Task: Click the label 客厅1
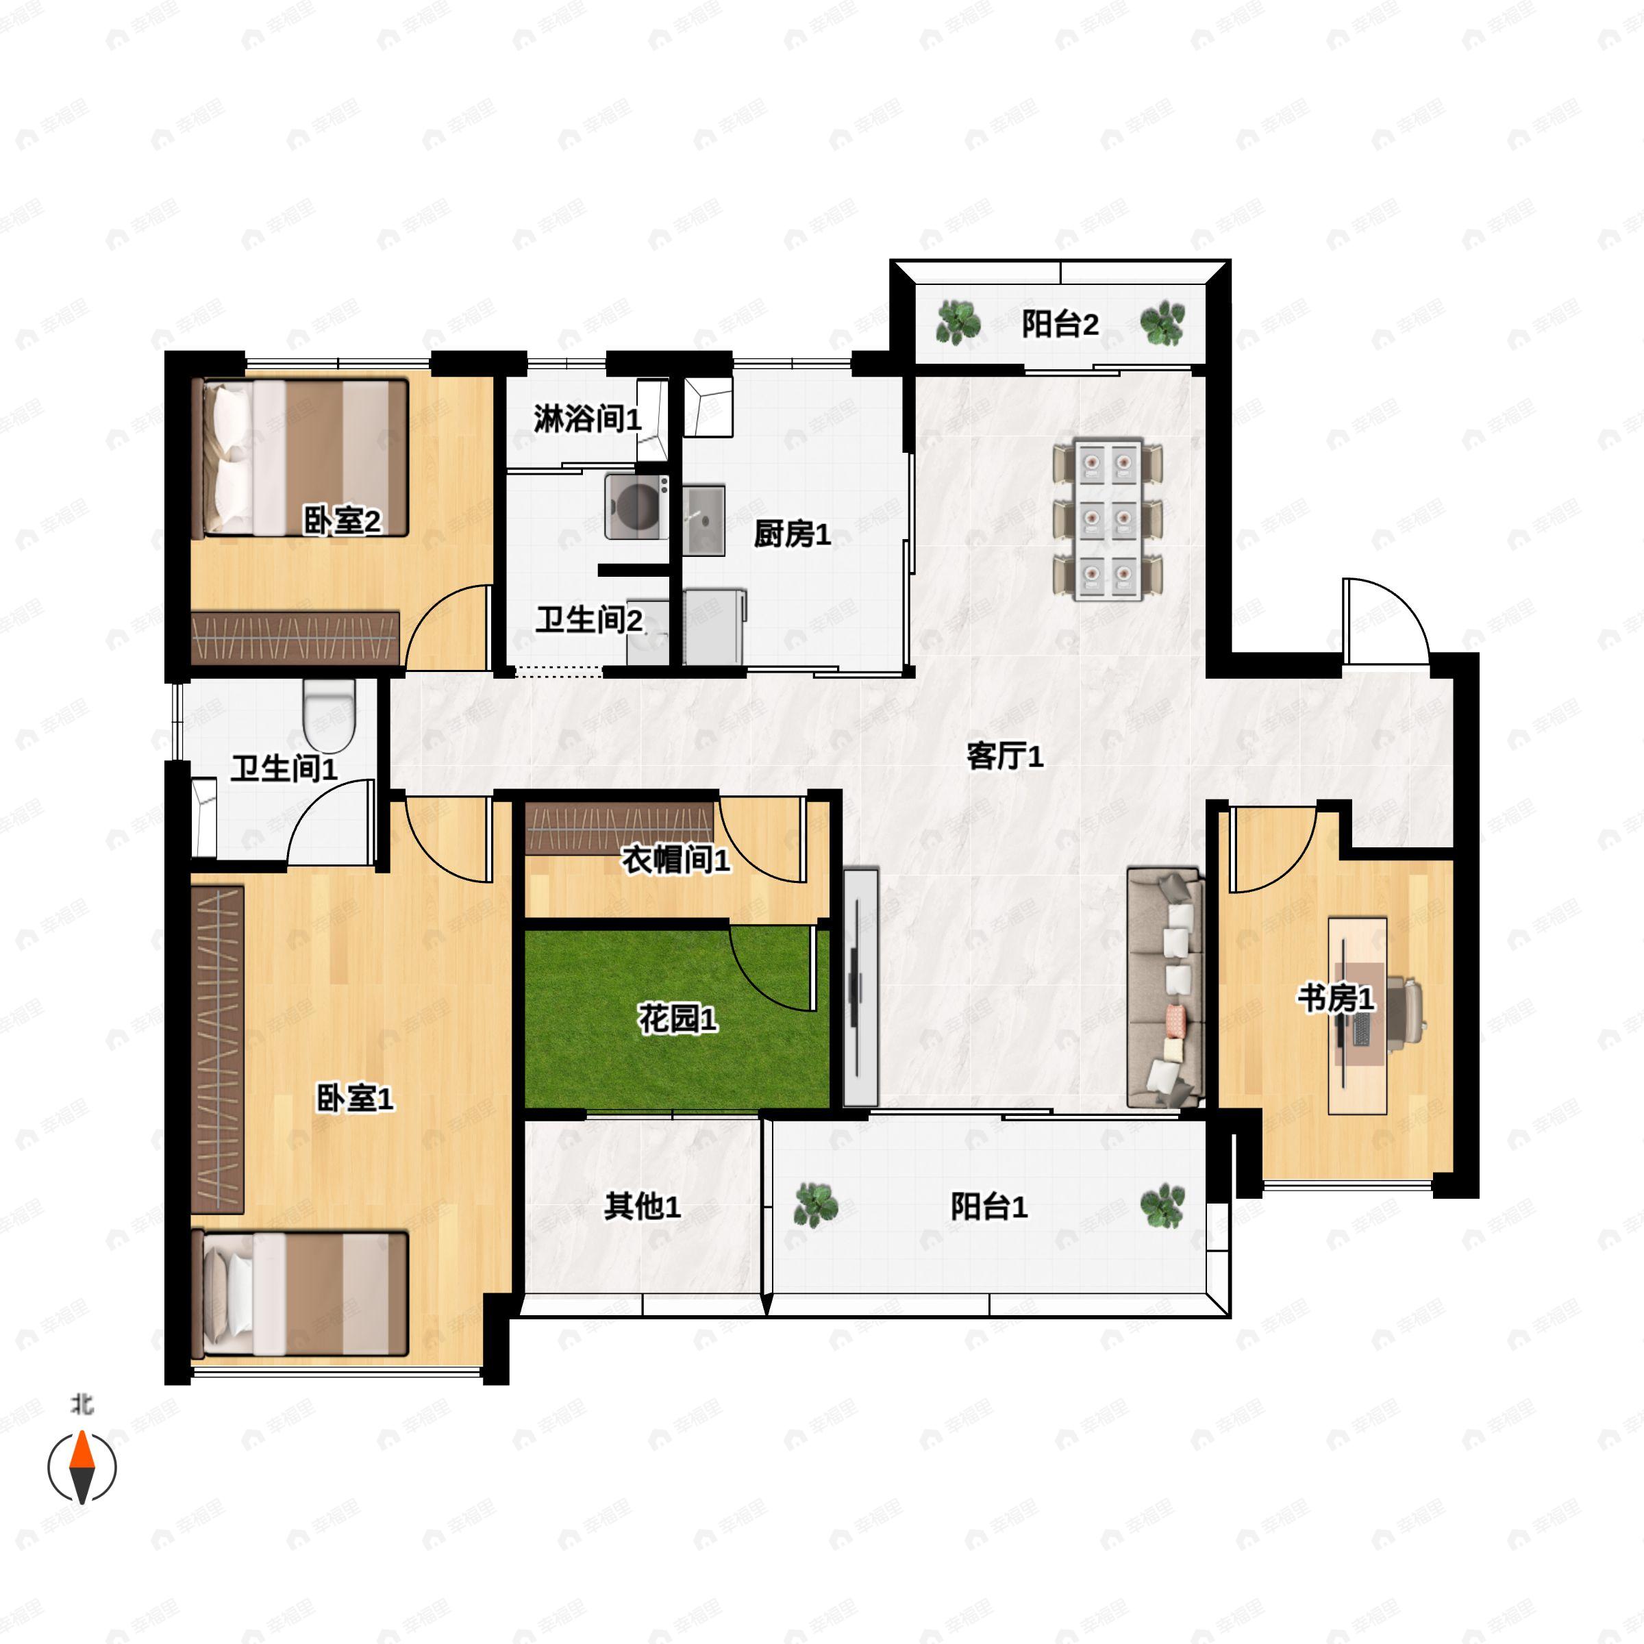coord(1004,756)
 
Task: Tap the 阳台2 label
coord(1060,324)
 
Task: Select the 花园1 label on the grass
coord(677,1018)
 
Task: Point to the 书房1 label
coord(1335,998)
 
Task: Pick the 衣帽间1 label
coord(675,860)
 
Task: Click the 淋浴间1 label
coord(587,419)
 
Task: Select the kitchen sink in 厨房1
coord(703,519)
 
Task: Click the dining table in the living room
coord(1108,520)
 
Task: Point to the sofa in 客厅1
coord(1165,987)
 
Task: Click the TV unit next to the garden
coord(860,987)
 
